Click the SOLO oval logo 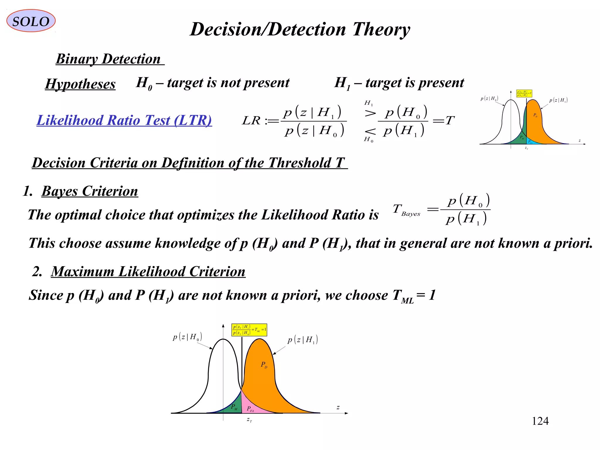pyautogui.click(x=31, y=21)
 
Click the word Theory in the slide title pyautogui.click(x=381, y=30)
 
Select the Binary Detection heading pyautogui.click(x=108, y=59)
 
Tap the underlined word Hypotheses pyautogui.click(x=80, y=84)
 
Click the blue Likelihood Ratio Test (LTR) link pyautogui.click(x=124, y=120)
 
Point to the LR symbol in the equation pyautogui.click(x=251, y=120)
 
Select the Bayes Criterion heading pyautogui.click(x=90, y=191)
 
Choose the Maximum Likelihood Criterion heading pyautogui.click(x=148, y=272)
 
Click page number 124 pyautogui.click(x=540, y=421)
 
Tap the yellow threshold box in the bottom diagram pyautogui.click(x=249, y=330)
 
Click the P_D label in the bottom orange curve pyautogui.click(x=264, y=365)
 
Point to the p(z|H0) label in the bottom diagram pyautogui.click(x=187, y=337)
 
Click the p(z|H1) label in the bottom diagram pyautogui.click(x=303, y=340)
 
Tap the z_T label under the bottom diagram pyautogui.click(x=249, y=420)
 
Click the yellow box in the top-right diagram pyautogui.click(x=524, y=93)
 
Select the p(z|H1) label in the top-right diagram pyautogui.click(x=558, y=100)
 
